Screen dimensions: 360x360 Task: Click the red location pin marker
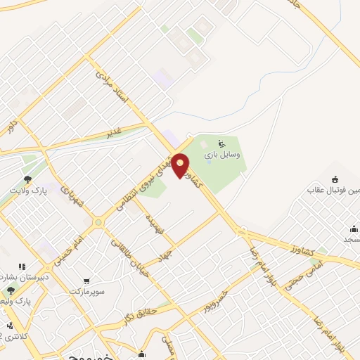(x=181, y=165)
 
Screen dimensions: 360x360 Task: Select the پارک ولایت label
(x=27, y=191)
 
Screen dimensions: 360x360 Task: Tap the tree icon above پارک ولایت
(x=27, y=180)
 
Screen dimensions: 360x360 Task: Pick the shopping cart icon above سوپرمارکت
(x=86, y=280)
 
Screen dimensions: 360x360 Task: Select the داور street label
(x=11, y=127)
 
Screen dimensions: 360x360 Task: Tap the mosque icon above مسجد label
(x=355, y=229)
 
